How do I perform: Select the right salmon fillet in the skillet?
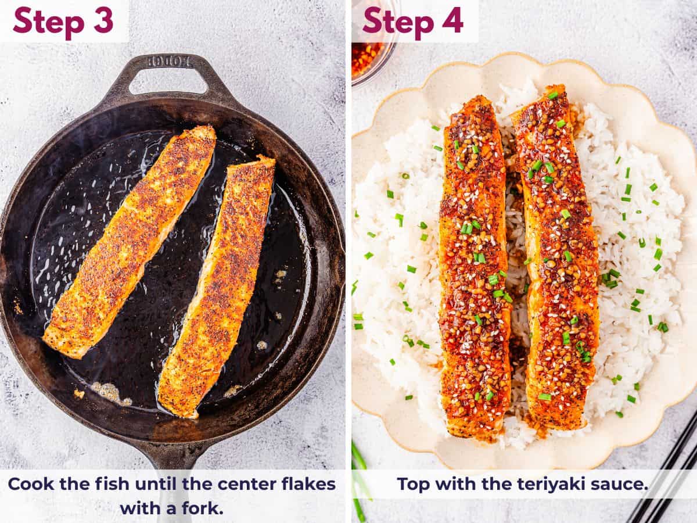tap(218, 285)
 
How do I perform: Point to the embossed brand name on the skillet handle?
tap(170, 60)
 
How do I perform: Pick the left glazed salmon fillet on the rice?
tap(475, 267)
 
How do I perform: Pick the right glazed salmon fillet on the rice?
tap(558, 256)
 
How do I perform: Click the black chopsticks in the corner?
tap(668, 471)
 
